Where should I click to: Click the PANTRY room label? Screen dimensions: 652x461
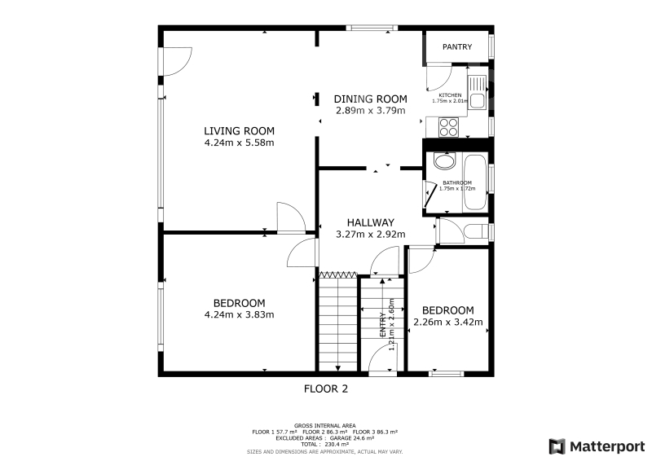(457, 47)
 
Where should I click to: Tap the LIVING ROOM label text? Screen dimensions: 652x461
(239, 131)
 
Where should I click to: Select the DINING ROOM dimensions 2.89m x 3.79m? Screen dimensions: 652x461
(371, 111)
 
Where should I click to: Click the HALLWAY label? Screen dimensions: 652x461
(371, 222)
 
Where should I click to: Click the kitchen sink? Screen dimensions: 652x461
(477, 92)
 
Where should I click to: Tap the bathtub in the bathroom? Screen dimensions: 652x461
(475, 182)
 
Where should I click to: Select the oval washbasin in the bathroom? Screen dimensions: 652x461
(444, 161)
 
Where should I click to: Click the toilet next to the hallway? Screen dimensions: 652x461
(476, 231)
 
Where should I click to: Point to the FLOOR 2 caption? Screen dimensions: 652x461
(325, 389)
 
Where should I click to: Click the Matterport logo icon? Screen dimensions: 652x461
(557, 446)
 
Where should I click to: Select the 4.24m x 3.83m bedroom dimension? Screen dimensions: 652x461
(239, 314)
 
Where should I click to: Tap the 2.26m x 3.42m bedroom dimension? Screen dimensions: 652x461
(447, 323)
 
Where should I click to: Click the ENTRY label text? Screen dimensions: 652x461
(382, 325)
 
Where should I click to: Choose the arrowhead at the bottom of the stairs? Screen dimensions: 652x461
(337, 368)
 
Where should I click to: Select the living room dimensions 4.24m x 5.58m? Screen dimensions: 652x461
(239, 143)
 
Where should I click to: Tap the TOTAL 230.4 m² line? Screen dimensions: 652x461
(324, 445)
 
